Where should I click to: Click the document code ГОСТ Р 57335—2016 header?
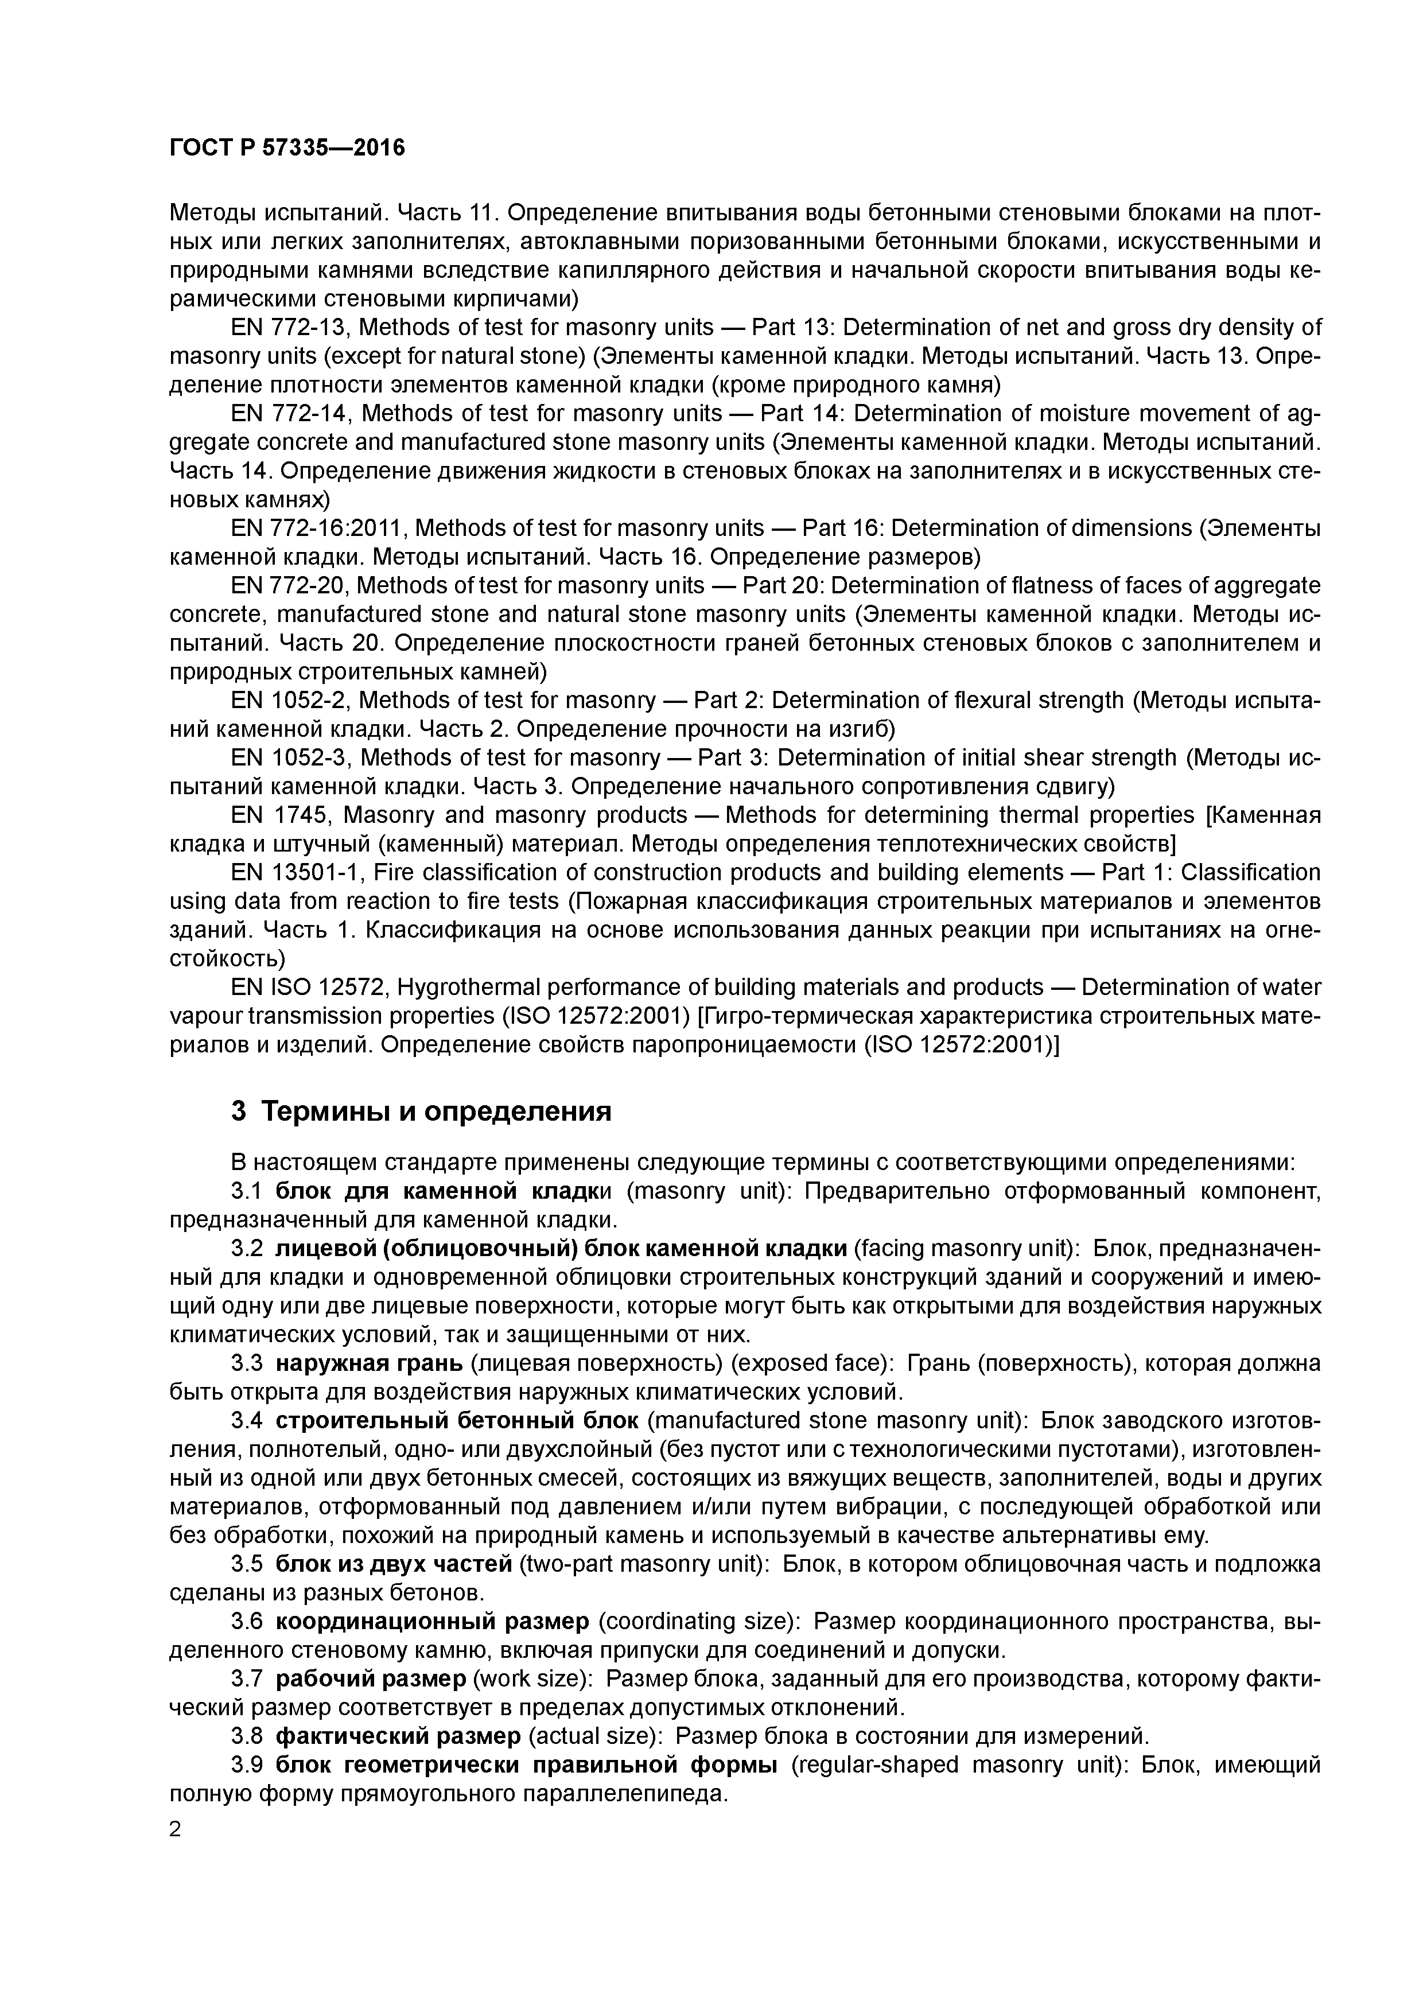287,148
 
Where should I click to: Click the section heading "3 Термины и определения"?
421,1112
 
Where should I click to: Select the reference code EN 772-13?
289,328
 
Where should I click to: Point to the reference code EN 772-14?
289,414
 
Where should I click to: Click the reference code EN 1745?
279,815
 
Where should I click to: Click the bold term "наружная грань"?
368,1363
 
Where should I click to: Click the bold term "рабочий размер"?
371,1679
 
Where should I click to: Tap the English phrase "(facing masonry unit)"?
967,1249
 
